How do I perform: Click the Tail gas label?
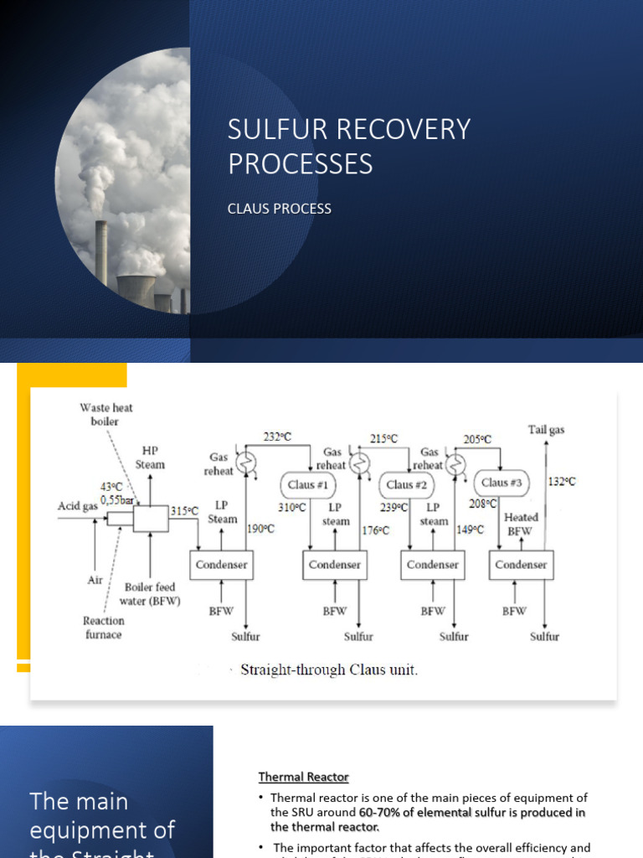click(546, 430)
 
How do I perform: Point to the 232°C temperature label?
click(278, 436)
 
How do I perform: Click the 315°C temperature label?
click(184, 510)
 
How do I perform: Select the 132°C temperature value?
click(562, 482)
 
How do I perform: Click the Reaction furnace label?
click(103, 628)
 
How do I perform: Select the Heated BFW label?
click(521, 525)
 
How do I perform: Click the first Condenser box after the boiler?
click(221, 565)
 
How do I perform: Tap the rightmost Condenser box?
click(521, 565)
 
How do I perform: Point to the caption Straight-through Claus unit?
click(328, 670)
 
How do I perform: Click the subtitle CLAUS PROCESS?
click(279, 209)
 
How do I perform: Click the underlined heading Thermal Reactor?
click(303, 778)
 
